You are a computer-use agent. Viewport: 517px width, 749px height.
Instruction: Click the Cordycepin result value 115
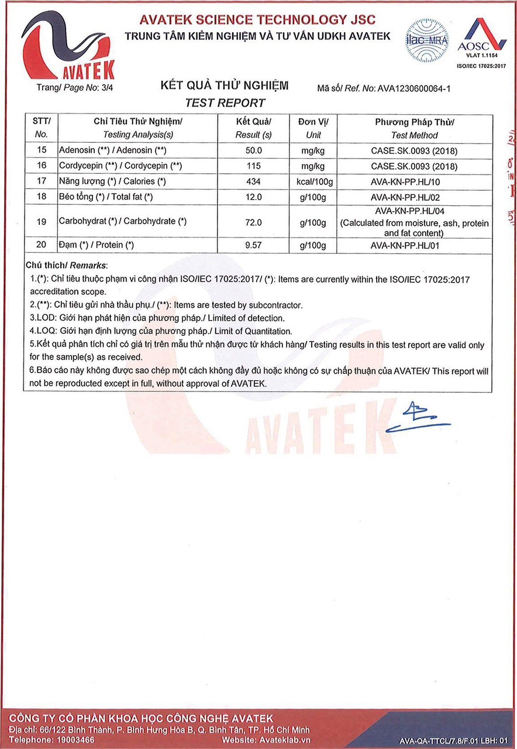(253, 166)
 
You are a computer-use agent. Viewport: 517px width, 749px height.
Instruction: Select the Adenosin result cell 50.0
(253, 150)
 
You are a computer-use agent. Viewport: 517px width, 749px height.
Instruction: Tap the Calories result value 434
(253, 182)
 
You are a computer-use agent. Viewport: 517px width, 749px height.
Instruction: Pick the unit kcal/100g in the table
(314, 182)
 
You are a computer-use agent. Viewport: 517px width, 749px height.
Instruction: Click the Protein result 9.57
(253, 245)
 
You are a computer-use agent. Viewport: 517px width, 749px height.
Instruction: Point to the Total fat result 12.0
(253, 197)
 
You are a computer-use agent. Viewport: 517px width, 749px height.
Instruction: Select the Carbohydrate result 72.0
(253, 222)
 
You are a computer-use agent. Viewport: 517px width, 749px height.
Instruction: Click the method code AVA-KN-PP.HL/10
(414, 182)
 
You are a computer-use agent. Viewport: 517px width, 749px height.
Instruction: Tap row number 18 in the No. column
(41, 197)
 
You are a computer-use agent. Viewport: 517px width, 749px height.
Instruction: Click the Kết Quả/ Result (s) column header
(253, 128)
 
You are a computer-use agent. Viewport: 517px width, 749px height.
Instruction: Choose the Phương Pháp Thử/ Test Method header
(414, 128)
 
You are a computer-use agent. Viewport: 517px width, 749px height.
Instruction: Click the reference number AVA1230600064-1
(414, 89)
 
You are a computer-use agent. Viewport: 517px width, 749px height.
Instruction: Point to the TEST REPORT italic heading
(225, 103)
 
